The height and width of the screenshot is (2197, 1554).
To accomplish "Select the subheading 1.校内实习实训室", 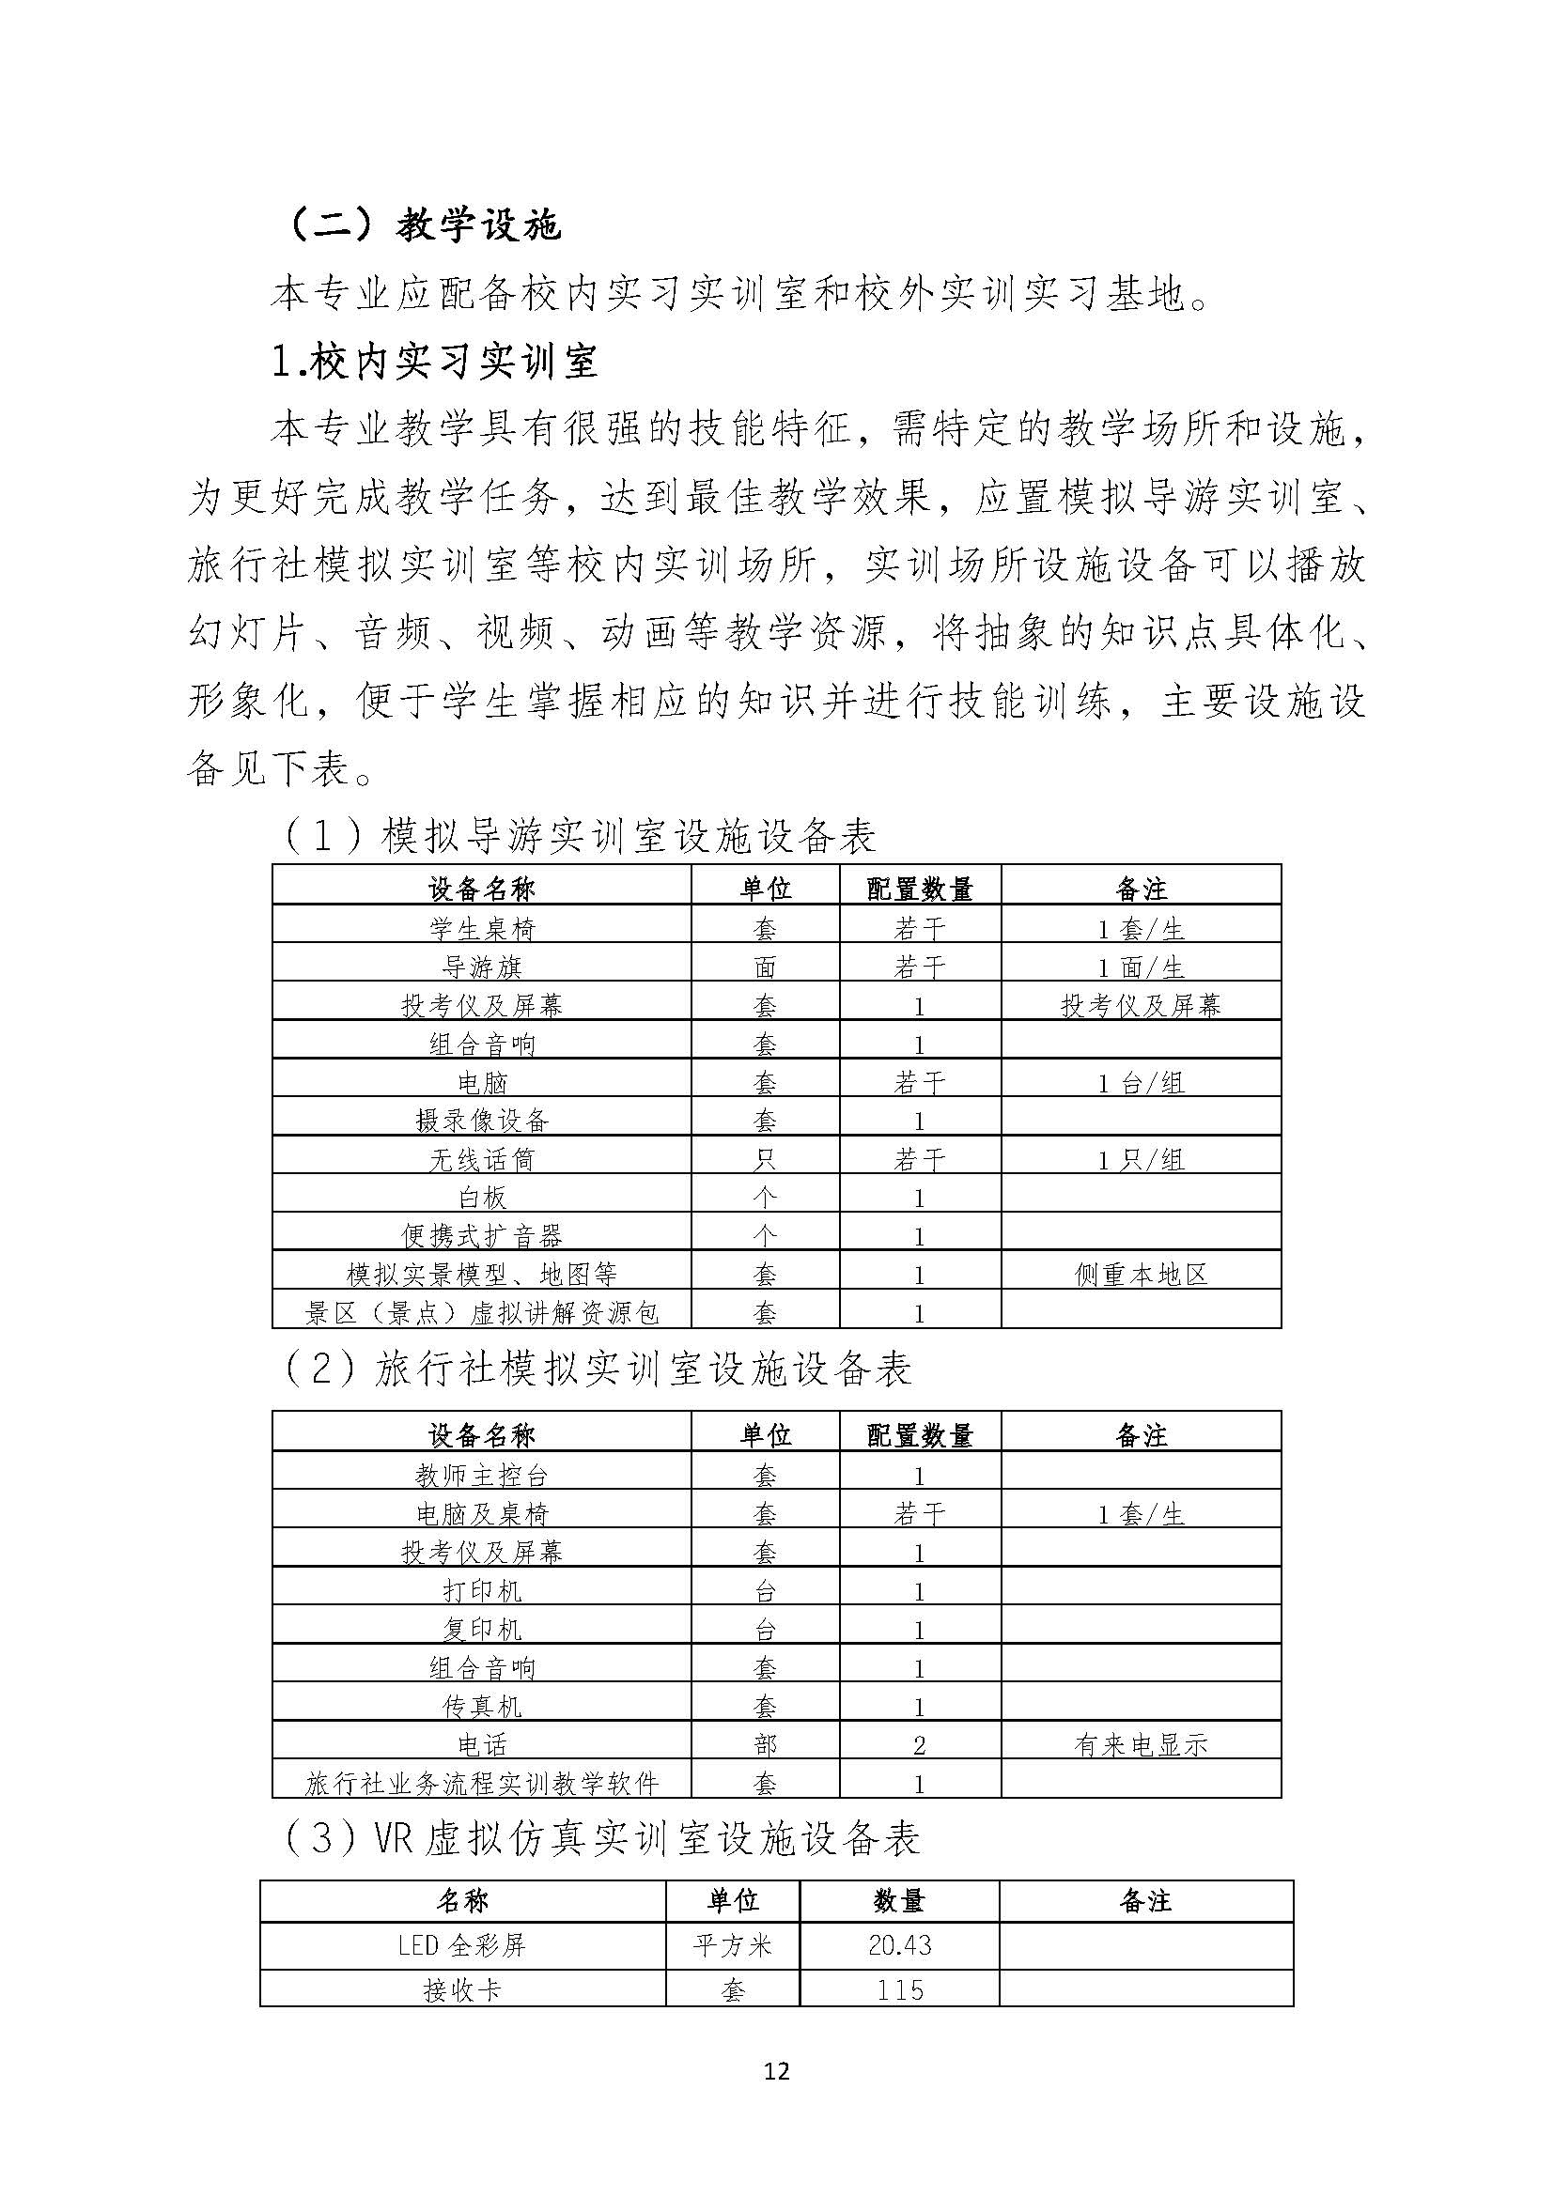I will click(x=435, y=362).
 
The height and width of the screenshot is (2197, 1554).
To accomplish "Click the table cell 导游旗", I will click(x=481, y=967).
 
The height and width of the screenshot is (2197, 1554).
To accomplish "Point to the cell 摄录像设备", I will click(x=481, y=1121).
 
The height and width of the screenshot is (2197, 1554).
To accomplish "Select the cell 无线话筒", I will click(x=481, y=1160).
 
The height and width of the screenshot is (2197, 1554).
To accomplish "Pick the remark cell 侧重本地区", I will click(x=1141, y=1275).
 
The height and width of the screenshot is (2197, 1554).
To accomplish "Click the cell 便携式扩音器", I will click(x=481, y=1236).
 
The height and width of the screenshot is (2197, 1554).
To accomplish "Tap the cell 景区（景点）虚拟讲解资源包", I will click(x=481, y=1313).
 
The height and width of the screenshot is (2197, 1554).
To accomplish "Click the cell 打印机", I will click(x=481, y=1590).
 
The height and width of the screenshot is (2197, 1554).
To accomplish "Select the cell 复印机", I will click(x=481, y=1629).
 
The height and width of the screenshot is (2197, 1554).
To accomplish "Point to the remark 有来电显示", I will click(x=1141, y=1744).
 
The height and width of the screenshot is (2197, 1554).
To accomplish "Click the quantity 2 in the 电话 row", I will click(x=920, y=1744).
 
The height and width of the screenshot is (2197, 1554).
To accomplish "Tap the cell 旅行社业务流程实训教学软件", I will click(x=481, y=1783).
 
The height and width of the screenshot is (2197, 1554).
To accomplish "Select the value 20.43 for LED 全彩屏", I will click(x=899, y=1945).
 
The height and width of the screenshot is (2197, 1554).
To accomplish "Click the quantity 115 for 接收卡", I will click(x=899, y=1991).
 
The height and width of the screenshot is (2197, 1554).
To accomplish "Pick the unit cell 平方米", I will click(x=733, y=1945).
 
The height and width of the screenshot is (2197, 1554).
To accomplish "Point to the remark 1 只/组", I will click(x=1141, y=1160).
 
